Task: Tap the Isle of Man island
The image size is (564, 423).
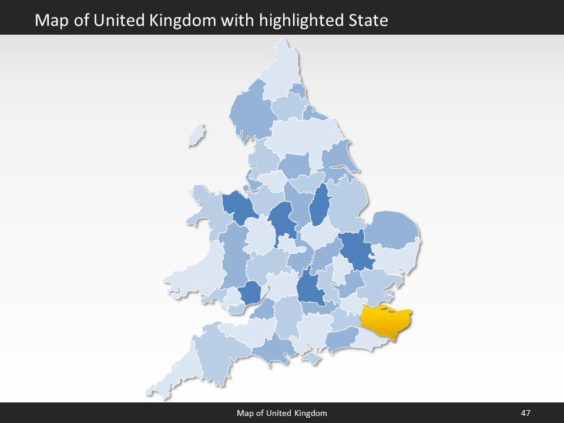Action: (197, 136)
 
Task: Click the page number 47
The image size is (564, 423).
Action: (525, 413)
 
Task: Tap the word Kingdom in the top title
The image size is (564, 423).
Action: (186, 21)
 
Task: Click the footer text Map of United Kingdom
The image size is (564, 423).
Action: (282, 413)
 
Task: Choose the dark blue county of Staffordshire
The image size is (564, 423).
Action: (281, 220)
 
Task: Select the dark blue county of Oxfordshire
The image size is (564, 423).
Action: (308, 288)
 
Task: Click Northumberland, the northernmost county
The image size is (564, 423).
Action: (279, 73)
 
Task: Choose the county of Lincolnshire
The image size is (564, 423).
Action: (348, 203)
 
